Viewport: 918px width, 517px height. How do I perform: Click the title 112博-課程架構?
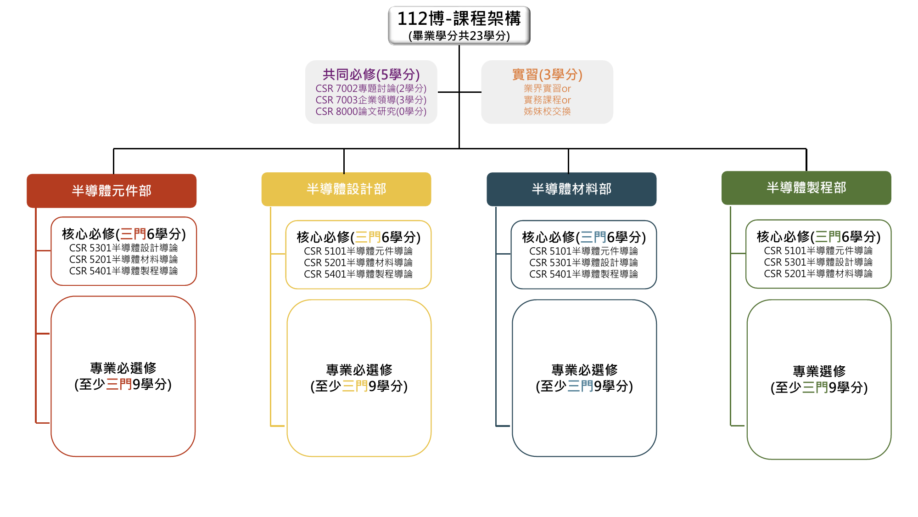click(x=459, y=18)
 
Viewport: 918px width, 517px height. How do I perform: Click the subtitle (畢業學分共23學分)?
click(x=459, y=36)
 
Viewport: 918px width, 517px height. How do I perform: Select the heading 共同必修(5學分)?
click(x=371, y=74)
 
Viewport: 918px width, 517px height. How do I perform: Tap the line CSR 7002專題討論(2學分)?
click(x=371, y=88)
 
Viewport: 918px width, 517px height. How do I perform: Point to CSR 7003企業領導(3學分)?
click(x=371, y=100)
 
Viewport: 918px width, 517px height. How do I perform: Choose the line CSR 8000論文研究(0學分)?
click(x=371, y=111)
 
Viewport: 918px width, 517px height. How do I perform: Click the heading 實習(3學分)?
click(x=547, y=74)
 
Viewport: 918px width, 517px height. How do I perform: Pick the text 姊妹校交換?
click(x=547, y=111)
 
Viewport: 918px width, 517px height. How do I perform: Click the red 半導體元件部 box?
click(x=112, y=191)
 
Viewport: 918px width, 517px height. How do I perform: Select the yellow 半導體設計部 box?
click(x=346, y=189)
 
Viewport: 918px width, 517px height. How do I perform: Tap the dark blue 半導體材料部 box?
click(x=571, y=189)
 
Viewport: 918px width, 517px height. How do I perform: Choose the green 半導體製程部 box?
click(x=806, y=188)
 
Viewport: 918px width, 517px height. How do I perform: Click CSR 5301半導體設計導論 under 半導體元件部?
click(x=123, y=248)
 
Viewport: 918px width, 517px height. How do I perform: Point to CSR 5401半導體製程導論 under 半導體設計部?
click(x=358, y=274)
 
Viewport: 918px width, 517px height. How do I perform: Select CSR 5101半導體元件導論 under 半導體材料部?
click(x=583, y=251)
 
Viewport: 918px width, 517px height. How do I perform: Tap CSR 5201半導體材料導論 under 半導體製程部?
click(x=818, y=274)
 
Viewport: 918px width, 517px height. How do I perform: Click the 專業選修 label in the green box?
click(x=819, y=371)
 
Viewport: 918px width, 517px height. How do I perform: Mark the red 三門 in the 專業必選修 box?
click(x=119, y=384)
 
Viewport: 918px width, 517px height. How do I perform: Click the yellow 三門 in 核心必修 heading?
click(x=368, y=237)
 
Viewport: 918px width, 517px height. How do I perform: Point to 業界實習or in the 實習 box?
click(x=547, y=88)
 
